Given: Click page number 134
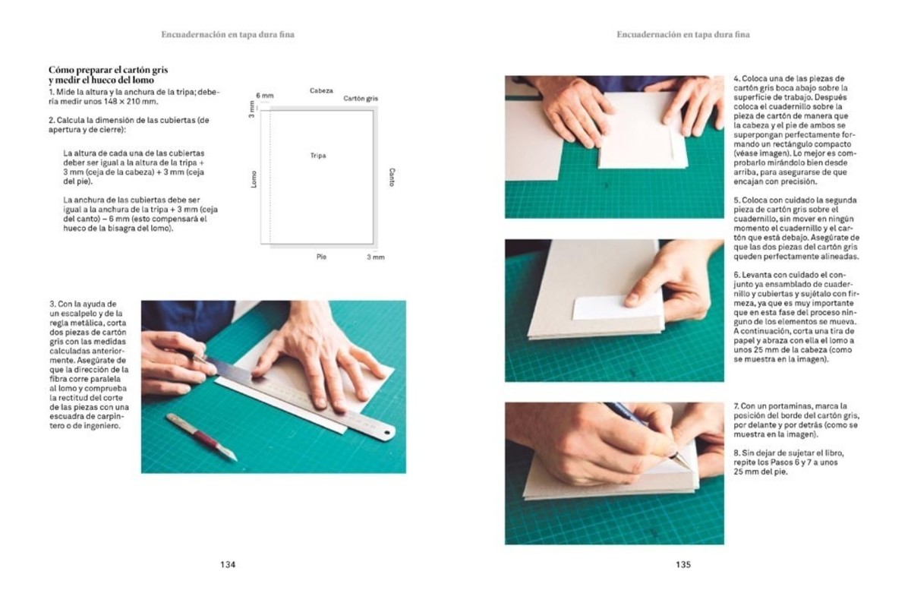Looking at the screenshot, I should (x=228, y=564).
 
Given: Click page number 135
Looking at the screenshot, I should (x=682, y=564).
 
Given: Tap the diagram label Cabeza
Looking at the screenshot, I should (x=321, y=90).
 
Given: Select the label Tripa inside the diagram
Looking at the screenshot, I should (x=318, y=156).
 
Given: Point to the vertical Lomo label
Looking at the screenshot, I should (x=254, y=179).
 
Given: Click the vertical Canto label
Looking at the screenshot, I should (x=392, y=178).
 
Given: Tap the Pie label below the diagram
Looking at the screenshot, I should (x=321, y=257).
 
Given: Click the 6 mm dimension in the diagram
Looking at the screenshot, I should (x=264, y=96).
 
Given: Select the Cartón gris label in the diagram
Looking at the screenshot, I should (x=361, y=99).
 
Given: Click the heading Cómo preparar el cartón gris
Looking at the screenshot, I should (x=102, y=70).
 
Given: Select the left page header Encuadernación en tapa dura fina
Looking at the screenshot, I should (x=228, y=34).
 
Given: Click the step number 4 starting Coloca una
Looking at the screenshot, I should (x=736, y=79).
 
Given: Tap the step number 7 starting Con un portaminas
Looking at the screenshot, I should (x=736, y=407).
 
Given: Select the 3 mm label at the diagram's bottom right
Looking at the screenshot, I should (x=376, y=257).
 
